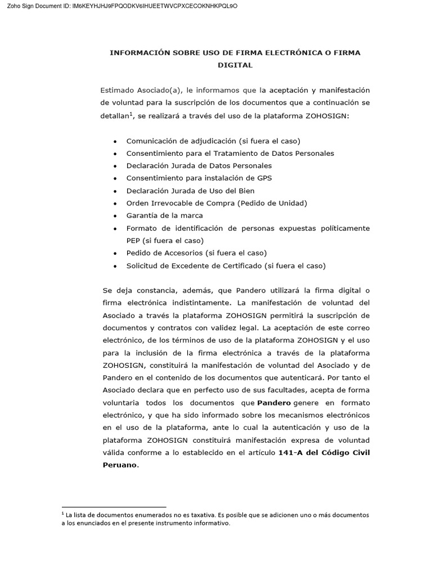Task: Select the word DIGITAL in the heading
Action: click(235, 65)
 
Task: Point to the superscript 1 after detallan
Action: click(131, 114)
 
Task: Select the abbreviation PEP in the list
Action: click(134, 240)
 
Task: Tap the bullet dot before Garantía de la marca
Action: click(115, 216)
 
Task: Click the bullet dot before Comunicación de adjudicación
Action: click(115, 141)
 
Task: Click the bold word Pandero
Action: click(274, 403)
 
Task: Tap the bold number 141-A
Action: click(292, 453)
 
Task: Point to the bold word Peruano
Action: click(119, 465)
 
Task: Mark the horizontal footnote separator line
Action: click(114, 507)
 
